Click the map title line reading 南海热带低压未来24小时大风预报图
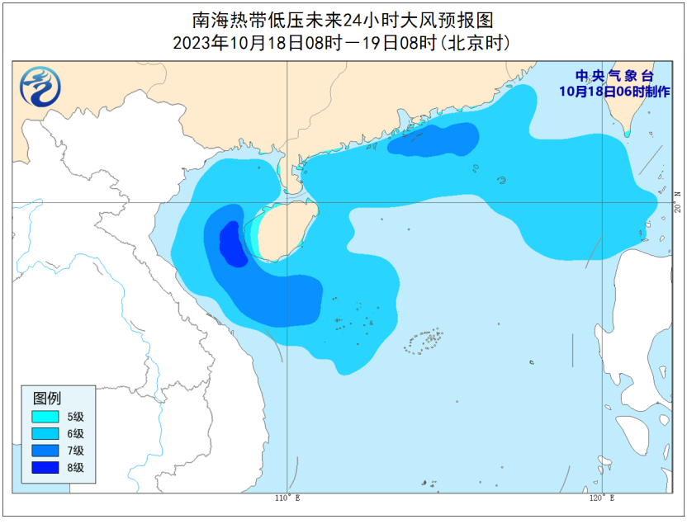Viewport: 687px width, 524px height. coord(343,19)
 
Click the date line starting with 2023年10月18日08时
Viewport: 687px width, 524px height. coord(343,42)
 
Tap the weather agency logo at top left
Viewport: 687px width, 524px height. coord(40,86)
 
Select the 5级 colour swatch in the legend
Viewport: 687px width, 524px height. coord(45,416)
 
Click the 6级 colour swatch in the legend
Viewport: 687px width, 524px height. coord(45,433)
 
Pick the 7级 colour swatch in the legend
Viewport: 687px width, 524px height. coord(45,451)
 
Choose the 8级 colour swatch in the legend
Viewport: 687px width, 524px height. coord(45,468)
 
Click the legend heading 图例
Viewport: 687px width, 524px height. coord(46,398)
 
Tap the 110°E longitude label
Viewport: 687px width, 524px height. coord(287,498)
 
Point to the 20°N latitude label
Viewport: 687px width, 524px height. coord(677,201)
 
